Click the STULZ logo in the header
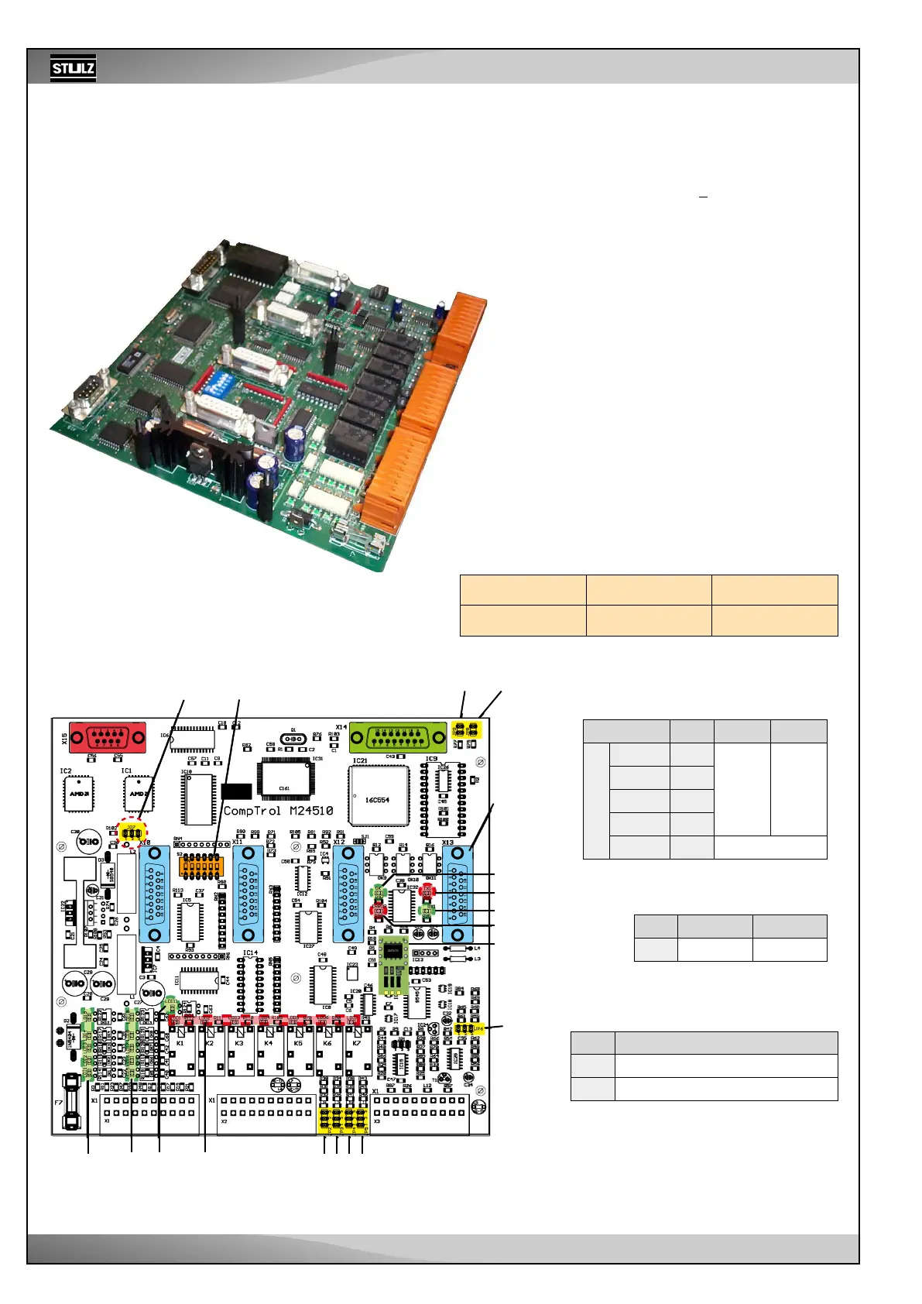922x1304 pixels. click(73, 68)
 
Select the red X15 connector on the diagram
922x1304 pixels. click(107, 736)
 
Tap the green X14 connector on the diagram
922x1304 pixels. click(397, 736)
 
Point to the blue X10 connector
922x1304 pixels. click(154, 894)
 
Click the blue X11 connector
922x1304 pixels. click(248, 894)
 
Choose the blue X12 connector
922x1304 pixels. click(348, 894)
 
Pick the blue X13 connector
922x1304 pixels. click(457, 894)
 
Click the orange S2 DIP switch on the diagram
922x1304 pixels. click(201, 866)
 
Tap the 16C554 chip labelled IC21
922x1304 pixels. click(379, 799)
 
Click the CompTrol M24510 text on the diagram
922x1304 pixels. click(278, 811)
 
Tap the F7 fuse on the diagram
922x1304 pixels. click(70, 1101)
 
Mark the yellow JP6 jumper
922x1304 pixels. click(467, 1028)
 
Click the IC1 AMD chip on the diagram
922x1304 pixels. click(139, 794)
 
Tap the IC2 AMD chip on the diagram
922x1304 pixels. click(78, 794)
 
